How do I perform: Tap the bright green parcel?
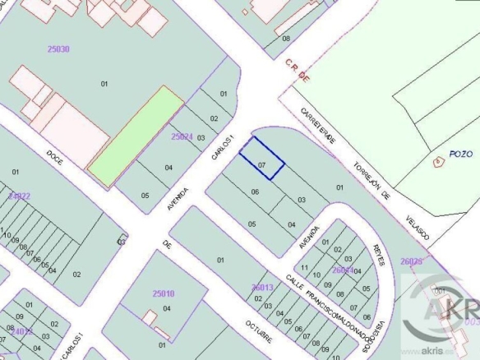pos(136,135)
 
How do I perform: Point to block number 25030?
pos(58,49)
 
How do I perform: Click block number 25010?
pos(164,293)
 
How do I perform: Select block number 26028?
pos(411,261)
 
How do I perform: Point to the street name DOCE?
pos(55,154)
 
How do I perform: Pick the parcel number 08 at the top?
pos(286,39)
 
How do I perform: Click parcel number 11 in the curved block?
pos(304,268)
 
